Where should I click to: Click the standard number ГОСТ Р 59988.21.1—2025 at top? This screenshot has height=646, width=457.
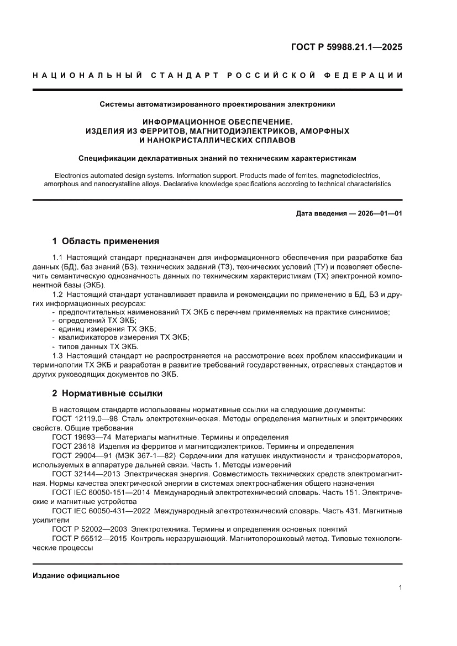pyautogui.click(x=346, y=47)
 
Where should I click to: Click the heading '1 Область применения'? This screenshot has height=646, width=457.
pyautogui.click(x=105, y=241)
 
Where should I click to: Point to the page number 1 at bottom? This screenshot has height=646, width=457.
pyautogui.click(x=400, y=588)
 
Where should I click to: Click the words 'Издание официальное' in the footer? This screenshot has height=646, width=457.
pyautogui.click(x=76, y=575)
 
